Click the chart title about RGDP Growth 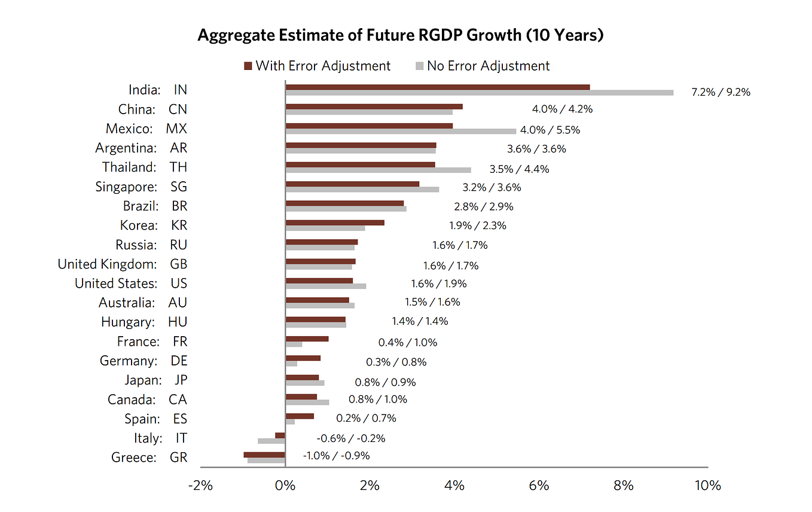point(401,35)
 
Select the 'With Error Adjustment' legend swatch point(248,66)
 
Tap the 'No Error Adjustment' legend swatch point(419,66)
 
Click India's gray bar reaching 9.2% point(480,93)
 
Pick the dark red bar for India point(438,87)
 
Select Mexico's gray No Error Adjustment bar point(401,131)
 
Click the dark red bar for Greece point(264,455)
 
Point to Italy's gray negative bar point(271,441)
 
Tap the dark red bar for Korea point(335,223)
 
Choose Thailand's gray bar point(378,170)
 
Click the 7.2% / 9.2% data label point(721,92)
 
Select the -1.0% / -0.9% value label point(336,455)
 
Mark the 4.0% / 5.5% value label point(550,130)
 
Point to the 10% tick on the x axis point(707,486)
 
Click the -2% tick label point(200,486)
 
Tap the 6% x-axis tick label point(539,486)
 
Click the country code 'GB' point(178,264)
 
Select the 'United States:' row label point(116,283)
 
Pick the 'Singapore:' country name point(126,187)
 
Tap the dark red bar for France point(307,339)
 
